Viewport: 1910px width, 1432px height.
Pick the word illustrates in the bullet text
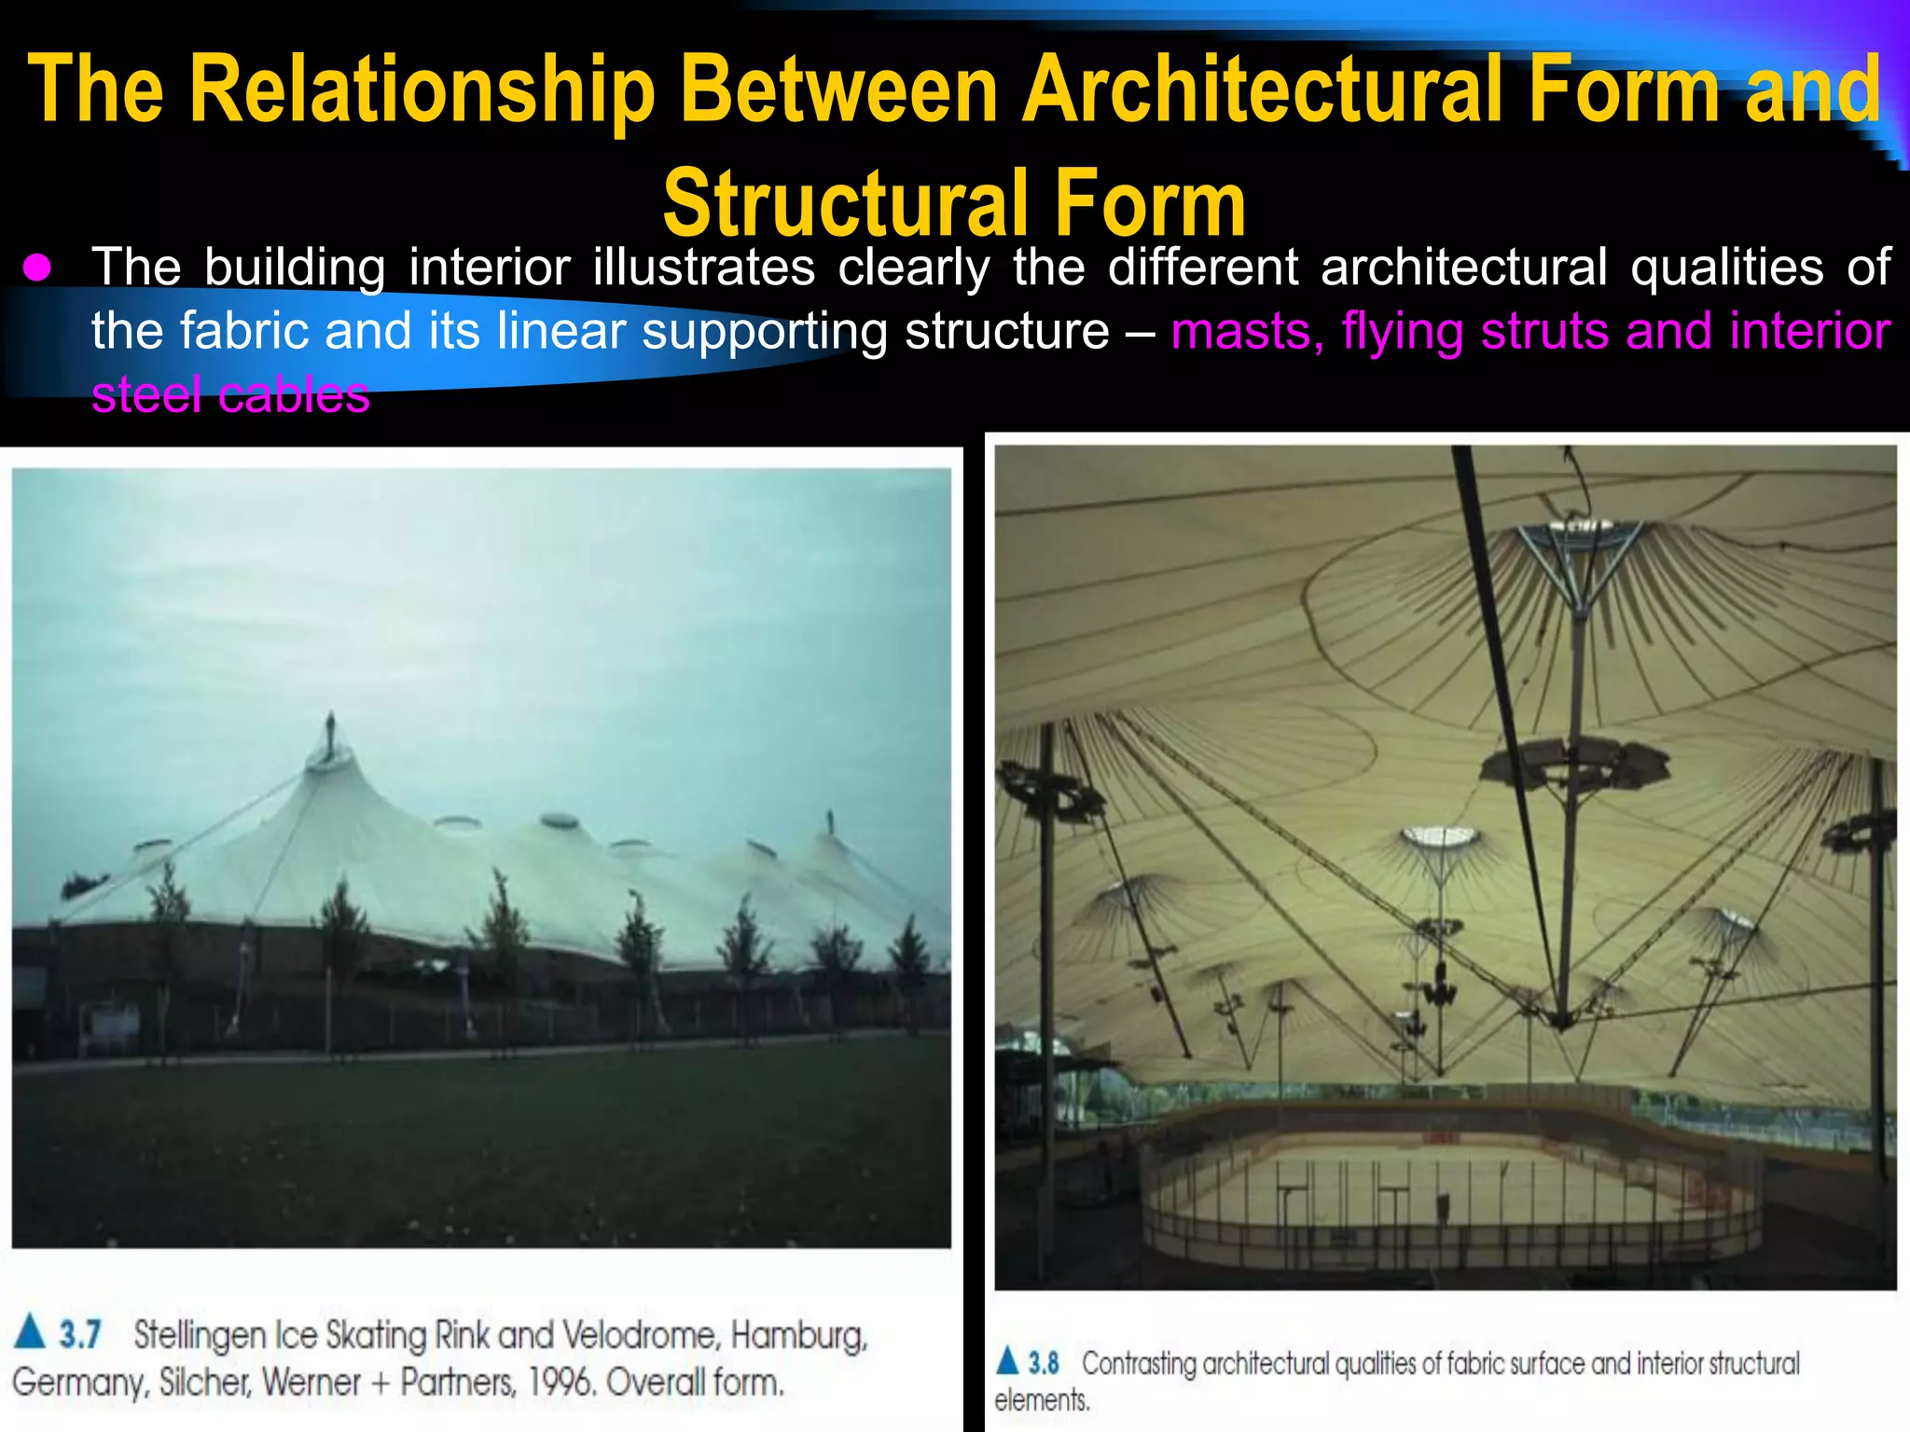[x=704, y=268]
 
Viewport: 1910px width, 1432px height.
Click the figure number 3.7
[x=80, y=1334]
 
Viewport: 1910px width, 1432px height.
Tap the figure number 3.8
[x=1044, y=1363]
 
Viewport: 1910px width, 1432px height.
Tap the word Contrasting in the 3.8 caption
[x=1138, y=1363]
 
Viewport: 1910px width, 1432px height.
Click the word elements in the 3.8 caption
[x=1041, y=1400]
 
